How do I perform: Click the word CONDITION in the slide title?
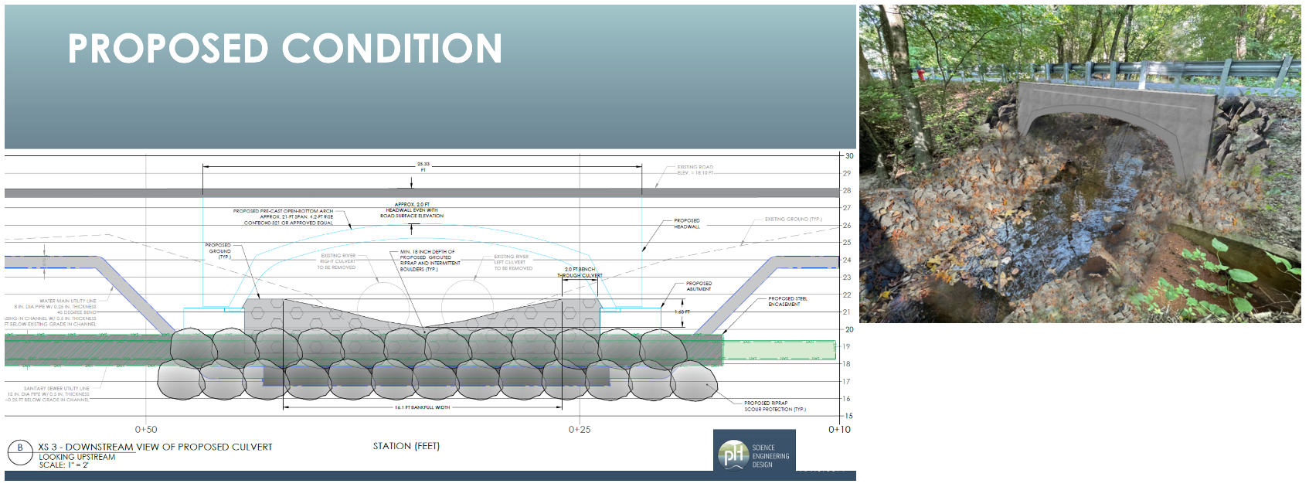[x=393, y=49]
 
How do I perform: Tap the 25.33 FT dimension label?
[x=423, y=166]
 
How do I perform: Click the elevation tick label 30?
[x=848, y=156]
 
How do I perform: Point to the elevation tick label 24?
[x=847, y=260]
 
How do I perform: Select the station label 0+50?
[x=145, y=430]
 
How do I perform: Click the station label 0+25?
[x=579, y=430]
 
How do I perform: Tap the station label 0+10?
[x=839, y=430]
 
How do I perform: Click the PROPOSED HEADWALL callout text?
[x=686, y=223]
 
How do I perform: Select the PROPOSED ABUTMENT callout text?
[x=699, y=286]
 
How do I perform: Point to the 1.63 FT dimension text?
[x=682, y=312]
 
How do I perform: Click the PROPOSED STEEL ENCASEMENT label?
[x=787, y=301]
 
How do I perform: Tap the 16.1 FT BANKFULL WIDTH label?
[x=422, y=407]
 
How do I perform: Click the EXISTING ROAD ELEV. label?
[x=695, y=170]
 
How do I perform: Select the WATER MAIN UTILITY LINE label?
[x=68, y=301]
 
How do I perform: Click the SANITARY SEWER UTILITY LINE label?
[x=56, y=389]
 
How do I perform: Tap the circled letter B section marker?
[x=20, y=448]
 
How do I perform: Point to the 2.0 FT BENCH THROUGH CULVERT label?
[x=580, y=272]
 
